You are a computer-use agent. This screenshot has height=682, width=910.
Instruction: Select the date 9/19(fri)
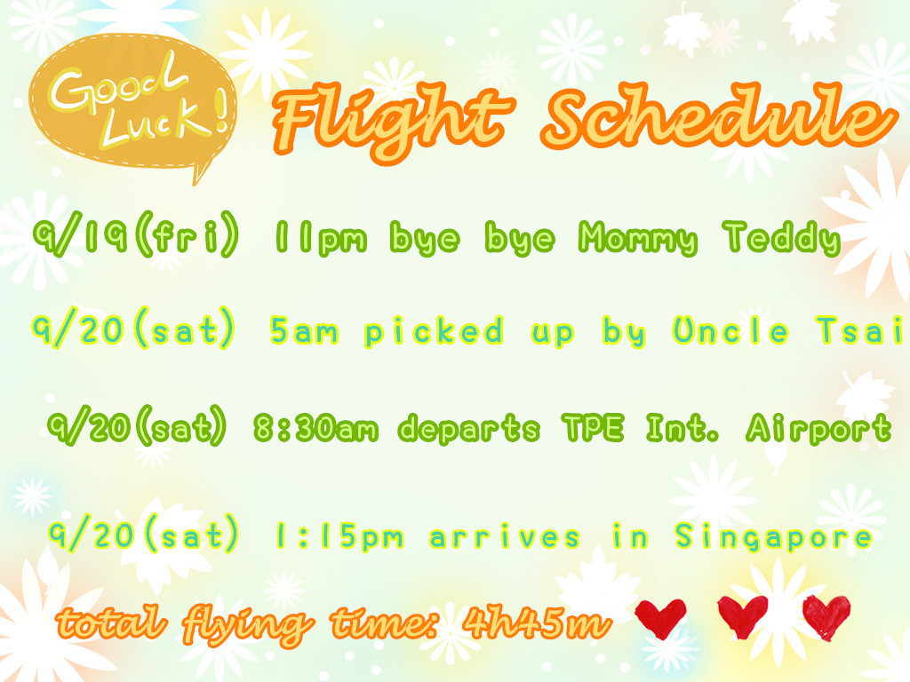tap(136, 234)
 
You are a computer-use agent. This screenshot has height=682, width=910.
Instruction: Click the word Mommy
tap(638, 239)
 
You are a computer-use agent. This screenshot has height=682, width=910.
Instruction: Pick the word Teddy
tap(782, 238)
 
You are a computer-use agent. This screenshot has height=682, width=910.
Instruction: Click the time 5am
tap(304, 331)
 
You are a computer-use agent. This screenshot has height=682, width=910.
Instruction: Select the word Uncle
tap(730, 330)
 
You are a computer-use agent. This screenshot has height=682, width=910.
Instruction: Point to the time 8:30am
tap(316, 429)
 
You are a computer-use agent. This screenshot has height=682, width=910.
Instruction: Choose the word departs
tap(469, 430)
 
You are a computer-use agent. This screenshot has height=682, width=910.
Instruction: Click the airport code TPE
tap(593, 428)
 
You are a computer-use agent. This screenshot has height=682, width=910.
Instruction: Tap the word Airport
tap(818, 429)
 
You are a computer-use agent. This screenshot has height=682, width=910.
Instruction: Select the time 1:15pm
tap(339, 537)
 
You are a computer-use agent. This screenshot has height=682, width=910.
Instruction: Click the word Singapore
tap(774, 537)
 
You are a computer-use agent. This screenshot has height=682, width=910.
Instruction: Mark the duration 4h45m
tap(537, 623)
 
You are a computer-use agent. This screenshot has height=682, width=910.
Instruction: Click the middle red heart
tap(743, 616)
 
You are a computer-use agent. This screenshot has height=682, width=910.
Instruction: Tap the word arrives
tap(505, 537)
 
